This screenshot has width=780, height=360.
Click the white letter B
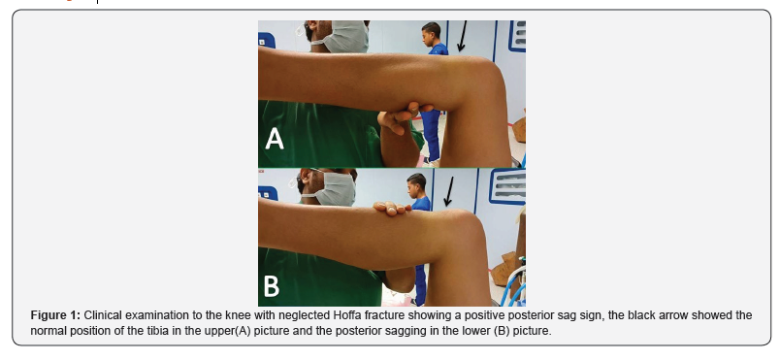click(272, 286)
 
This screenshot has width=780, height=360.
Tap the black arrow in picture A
click(462, 36)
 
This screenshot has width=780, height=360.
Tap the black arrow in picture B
click(449, 191)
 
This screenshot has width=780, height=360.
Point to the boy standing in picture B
click(419, 234)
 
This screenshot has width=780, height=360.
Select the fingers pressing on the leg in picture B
click(393, 209)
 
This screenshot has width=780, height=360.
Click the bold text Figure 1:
click(55, 315)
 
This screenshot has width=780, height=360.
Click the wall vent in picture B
click(507, 186)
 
